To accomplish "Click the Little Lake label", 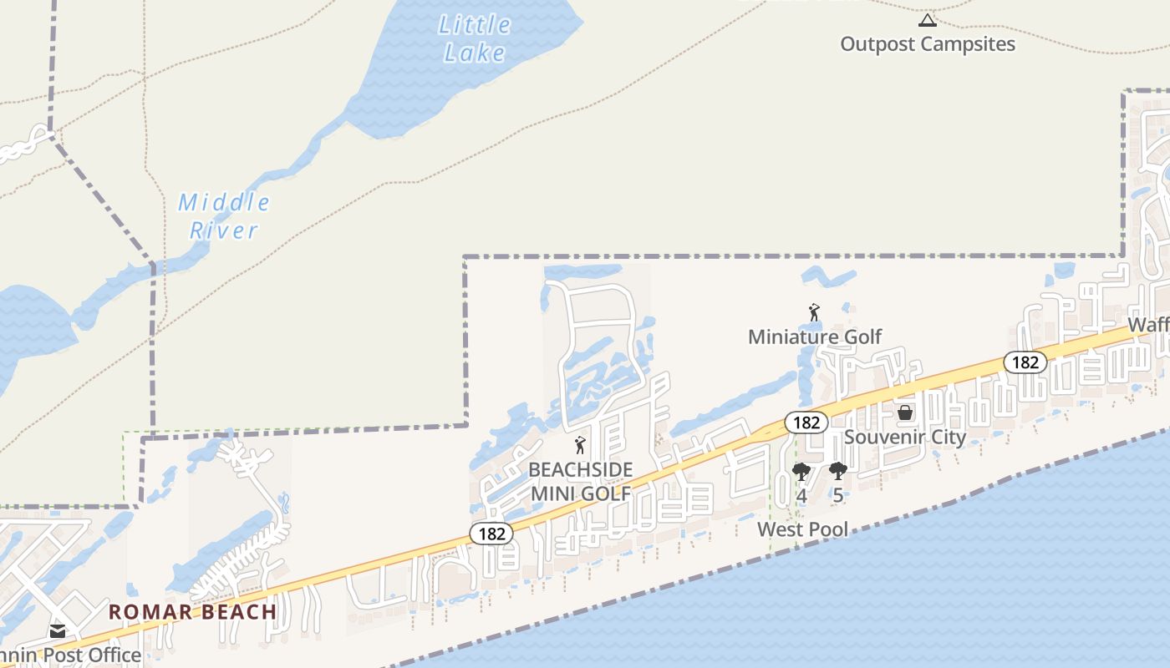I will pos(475,38).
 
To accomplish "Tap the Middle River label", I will pos(224,215).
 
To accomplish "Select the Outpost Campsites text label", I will pos(928,44).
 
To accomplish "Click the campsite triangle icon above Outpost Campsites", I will pos(927,20).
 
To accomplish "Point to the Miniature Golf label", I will pos(815,337).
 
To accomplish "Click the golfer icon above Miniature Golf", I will pos(814,313).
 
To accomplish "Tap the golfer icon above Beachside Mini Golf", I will pos(580,445).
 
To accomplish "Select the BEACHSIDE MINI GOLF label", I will pos(581,482).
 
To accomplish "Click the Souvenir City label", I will pos(905,437).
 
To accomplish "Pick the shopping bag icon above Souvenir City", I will pos(904,412).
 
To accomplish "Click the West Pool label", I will pos(802,529).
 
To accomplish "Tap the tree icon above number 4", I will pos(801,472).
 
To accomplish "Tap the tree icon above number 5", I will pos(837,472).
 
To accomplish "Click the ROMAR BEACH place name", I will pos(192,611).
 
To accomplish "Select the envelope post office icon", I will pos(58,631).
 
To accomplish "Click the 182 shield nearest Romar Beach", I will pos(491,534).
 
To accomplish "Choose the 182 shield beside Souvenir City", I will pos(806,423).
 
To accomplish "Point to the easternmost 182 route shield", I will pos(1025,362).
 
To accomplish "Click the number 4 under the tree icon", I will pos(801,496).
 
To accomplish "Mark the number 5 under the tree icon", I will pos(837,496).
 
